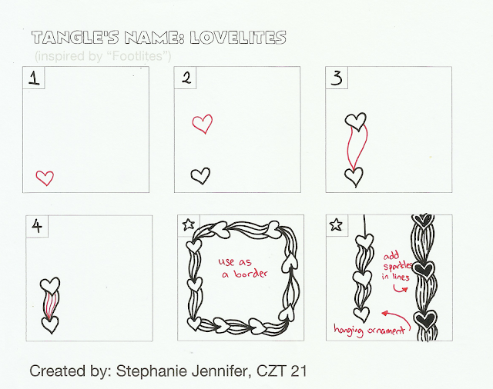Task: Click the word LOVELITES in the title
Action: click(x=238, y=38)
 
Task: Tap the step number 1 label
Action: click(x=34, y=78)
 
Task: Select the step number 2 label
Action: click(x=186, y=78)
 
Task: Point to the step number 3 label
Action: click(x=337, y=78)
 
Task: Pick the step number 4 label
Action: click(x=37, y=226)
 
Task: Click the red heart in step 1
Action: click(x=45, y=178)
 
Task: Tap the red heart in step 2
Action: click(x=202, y=124)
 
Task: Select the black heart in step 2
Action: click(x=200, y=176)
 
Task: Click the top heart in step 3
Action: click(x=356, y=121)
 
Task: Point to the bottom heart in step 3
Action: click(x=354, y=177)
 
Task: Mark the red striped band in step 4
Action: click(x=50, y=304)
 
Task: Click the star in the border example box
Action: click(x=189, y=224)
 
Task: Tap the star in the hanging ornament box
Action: click(x=336, y=224)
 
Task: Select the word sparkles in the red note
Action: click(x=397, y=267)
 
